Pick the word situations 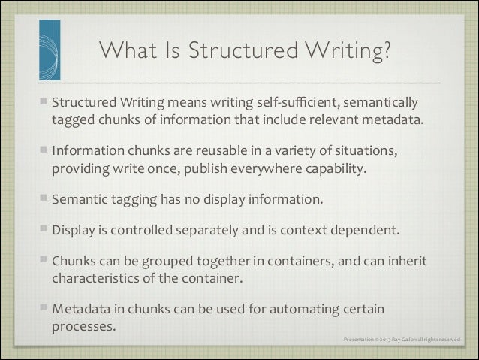pyautogui.click(x=379, y=150)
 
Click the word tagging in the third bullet pyautogui.click(x=135, y=200)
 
